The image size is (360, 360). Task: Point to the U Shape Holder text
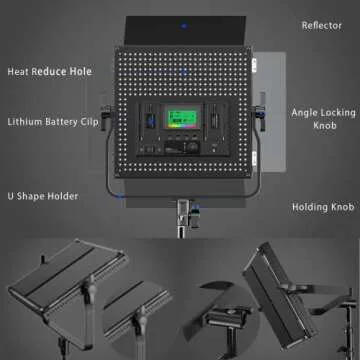[x=44, y=196]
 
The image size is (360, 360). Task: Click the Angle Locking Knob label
[x=320, y=121]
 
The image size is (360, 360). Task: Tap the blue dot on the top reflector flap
[x=185, y=29]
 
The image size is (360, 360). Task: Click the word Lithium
[x=25, y=121]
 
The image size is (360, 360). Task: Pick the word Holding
[x=309, y=207]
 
